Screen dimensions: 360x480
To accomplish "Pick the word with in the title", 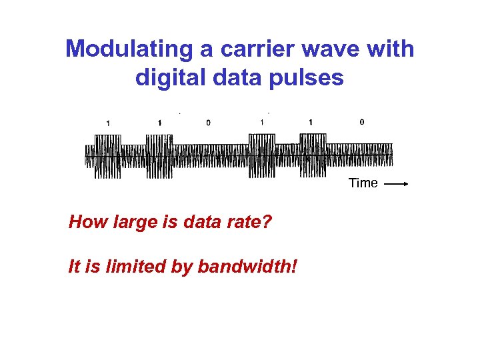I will pyautogui.click(x=390, y=49).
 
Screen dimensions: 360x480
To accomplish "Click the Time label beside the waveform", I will pyautogui.click(x=363, y=183).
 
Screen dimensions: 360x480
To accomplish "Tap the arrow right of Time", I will pyautogui.click(x=397, y=183).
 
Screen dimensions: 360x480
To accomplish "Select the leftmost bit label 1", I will pyautogui.click(x=109, y=123).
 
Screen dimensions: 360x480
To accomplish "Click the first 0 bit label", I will pyautogui.click(x=208, y=123).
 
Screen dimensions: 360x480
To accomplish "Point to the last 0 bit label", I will pyautogui.click(x=361, y=122).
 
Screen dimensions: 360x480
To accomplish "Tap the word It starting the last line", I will pyautogui.click(x=74, y=267).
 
